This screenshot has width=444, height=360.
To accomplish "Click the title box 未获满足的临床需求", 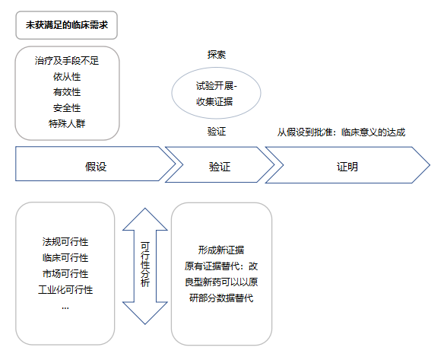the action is (x=67, y=25).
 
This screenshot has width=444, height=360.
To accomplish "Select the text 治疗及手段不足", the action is (x=67, y=61).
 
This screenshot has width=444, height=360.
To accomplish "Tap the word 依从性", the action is (x=67, y=77).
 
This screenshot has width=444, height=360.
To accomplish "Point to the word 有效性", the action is (x=67, y=92).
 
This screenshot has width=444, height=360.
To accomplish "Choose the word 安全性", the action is (x=67, y=108).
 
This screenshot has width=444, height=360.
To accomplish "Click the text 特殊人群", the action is (x=67, y=123).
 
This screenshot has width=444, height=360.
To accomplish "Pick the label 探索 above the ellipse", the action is (x=217, y=55).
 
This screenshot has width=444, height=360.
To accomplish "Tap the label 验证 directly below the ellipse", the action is (x=217, y=132).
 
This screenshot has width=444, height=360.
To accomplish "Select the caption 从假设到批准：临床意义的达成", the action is (x=341, y=132).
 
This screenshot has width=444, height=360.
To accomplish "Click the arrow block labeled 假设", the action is (x=96, y=164).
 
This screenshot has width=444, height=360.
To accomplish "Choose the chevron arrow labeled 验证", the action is (x=220, y=164).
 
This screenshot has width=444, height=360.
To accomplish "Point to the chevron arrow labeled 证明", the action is (x=347, y=165).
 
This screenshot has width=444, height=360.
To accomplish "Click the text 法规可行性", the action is (x=65, y=242).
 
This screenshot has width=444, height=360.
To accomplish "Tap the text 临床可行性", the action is (x=65, y=258).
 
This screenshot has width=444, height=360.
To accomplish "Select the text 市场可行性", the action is (x=65, y=273).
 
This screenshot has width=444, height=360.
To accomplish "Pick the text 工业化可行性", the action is (x=65, y=290).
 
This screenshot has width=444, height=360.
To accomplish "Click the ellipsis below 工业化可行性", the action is (x=65, y=307).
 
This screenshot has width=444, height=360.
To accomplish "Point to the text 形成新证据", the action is (x=221, y=250).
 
